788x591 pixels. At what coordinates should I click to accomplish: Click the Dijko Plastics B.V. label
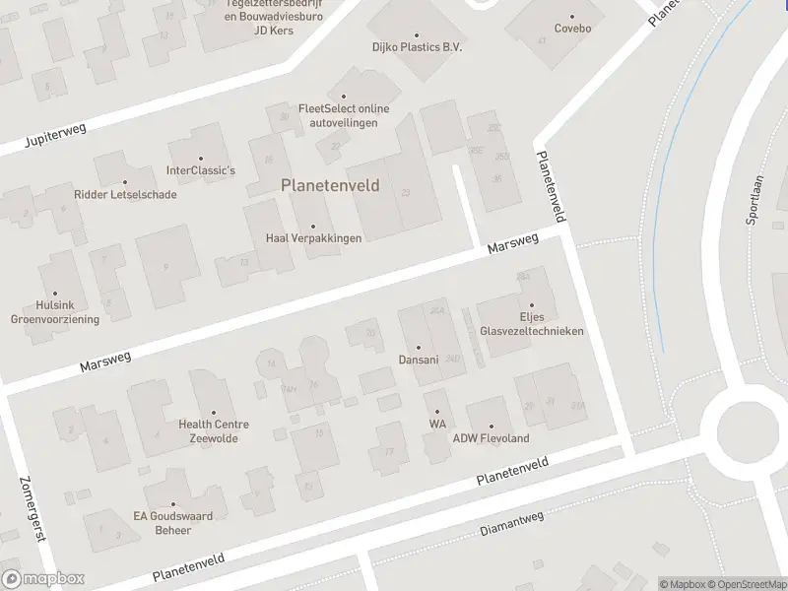(x=417, y=47)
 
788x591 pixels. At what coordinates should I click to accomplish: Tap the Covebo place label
(x=572, y=29)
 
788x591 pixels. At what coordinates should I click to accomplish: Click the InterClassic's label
(x=201, y=170)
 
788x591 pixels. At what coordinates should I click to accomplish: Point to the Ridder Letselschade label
(x=125, y=194)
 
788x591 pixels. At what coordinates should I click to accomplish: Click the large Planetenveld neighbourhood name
(x=330, y=184)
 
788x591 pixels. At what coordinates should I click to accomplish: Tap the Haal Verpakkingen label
(x=313, y=238)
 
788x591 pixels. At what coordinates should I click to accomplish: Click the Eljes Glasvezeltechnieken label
(x=531, y=324)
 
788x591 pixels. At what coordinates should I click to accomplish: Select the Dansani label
(x=417, y=359)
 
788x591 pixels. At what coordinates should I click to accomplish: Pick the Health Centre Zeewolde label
(x=214, y=430)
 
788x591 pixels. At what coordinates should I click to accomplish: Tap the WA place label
(x=437, y=424)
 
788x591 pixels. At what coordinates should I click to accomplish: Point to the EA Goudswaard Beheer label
(x=173, y=522)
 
